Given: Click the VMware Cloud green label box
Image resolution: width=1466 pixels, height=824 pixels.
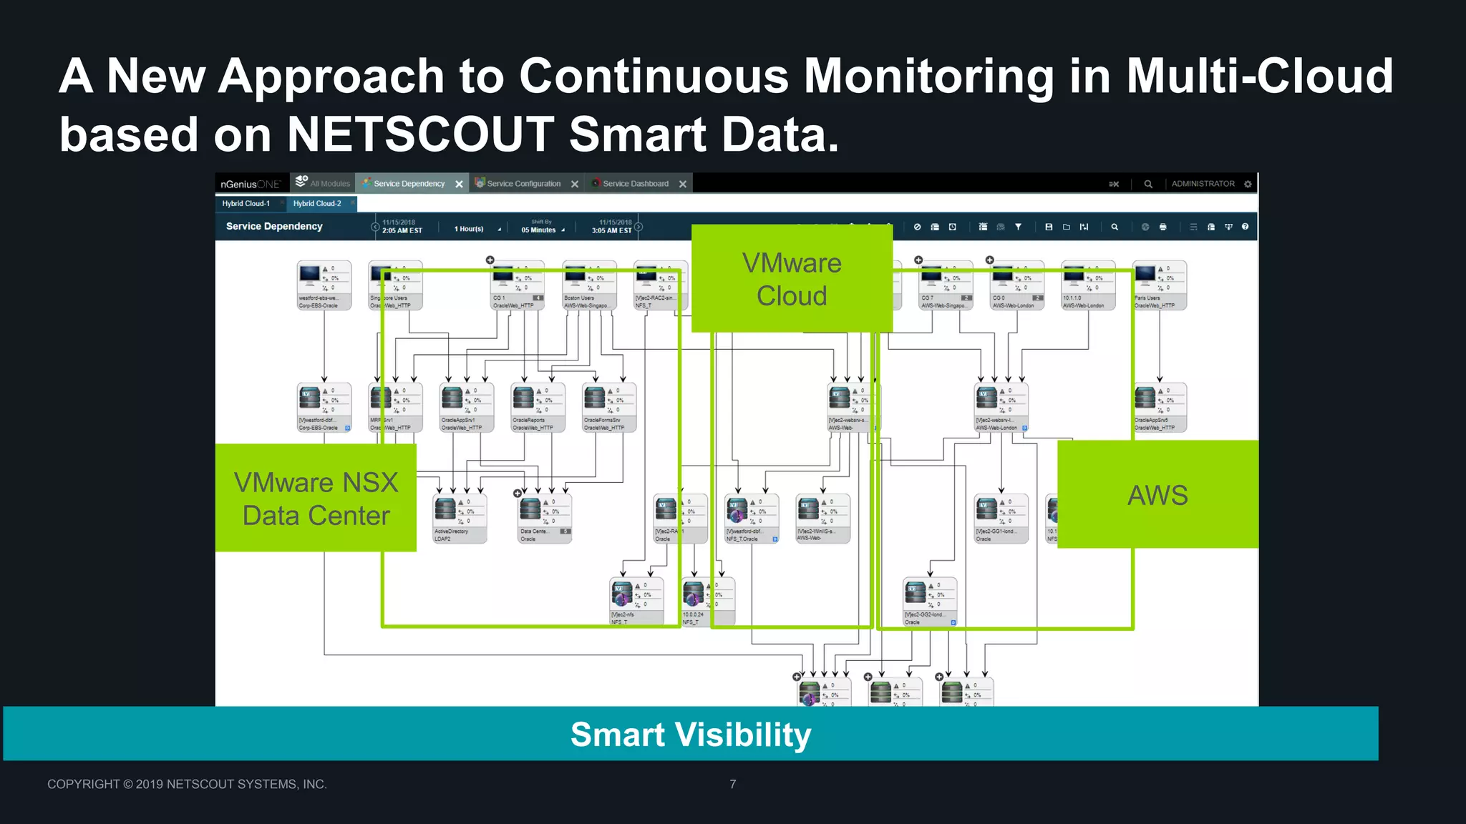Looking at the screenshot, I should coord(792,279).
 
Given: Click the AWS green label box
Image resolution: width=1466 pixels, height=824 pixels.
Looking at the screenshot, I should coord(1157,495).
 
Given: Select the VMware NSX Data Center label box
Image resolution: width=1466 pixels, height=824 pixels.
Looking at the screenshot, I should coord(316,499).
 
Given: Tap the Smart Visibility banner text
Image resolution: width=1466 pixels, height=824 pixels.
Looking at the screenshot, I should coord(691,735).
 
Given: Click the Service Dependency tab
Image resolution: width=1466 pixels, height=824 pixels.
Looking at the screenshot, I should coord(409,184).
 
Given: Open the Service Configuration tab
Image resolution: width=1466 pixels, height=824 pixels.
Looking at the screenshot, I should coord(523,184).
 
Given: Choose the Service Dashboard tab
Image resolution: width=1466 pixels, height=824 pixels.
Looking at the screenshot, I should coord(635,184).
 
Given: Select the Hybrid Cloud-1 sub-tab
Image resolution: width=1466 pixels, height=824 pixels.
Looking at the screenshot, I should coord(246,204).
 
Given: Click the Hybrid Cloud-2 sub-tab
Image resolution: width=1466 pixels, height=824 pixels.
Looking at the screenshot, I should coord(317,204).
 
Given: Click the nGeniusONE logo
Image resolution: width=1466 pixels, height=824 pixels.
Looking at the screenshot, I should coord(250,184).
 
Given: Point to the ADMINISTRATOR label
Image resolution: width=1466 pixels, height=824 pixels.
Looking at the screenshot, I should coord(1203,184).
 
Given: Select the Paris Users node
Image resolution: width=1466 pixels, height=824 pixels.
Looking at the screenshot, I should coord(1160,285).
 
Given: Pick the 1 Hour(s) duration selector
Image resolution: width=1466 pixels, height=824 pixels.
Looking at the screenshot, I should coord(470,229).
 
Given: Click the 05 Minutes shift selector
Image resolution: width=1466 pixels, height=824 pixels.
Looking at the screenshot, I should coord(539,230).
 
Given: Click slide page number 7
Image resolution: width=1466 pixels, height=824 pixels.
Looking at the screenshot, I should coord(732,784).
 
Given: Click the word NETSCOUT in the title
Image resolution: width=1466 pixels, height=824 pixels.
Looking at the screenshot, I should coord(420,134).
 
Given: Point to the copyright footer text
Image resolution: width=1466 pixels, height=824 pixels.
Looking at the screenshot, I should coord(187,784).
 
